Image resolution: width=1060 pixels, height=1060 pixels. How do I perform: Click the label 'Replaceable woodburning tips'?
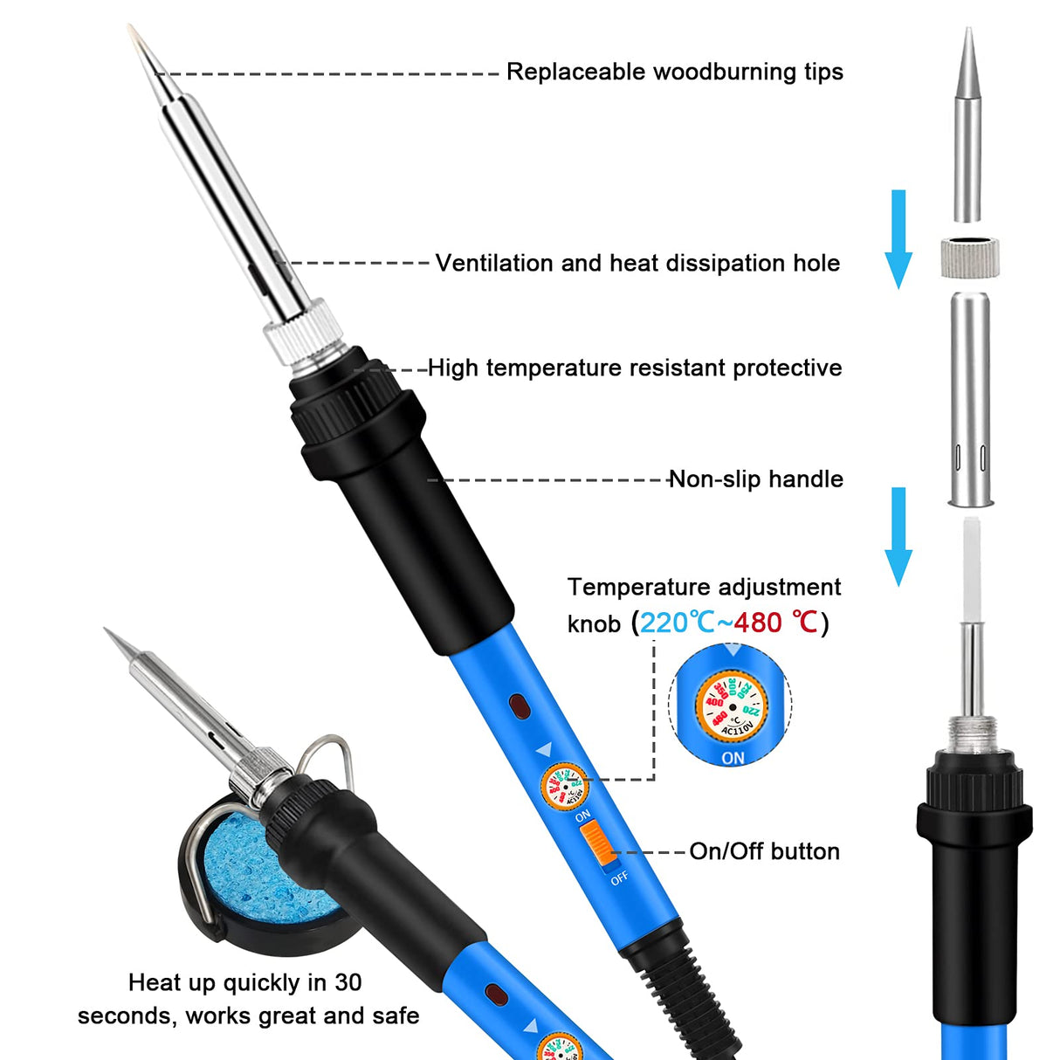[674, 72]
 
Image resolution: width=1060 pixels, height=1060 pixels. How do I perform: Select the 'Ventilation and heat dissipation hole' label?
[637, 263]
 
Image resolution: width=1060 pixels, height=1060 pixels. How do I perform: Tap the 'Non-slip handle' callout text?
[755, 478]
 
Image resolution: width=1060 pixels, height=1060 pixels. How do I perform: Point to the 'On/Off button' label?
[764, 851]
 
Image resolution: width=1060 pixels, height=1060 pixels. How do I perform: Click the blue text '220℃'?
[678, 623]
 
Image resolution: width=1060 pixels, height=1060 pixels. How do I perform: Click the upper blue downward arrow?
[898, 240]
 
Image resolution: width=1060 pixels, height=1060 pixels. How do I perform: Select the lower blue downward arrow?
[898, 537]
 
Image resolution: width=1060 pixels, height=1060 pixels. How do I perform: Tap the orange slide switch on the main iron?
[595, 844]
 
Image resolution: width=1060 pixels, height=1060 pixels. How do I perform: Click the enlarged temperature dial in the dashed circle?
[731, 705]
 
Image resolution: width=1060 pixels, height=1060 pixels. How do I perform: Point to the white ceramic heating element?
[970, 568]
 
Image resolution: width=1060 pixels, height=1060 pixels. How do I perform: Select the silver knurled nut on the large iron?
[302, 334]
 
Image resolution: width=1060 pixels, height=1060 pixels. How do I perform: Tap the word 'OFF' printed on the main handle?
[619, 878]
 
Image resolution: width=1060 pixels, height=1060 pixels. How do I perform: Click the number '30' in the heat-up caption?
[348, 982]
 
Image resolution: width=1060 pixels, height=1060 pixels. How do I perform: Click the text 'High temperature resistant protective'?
[635, 368]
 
